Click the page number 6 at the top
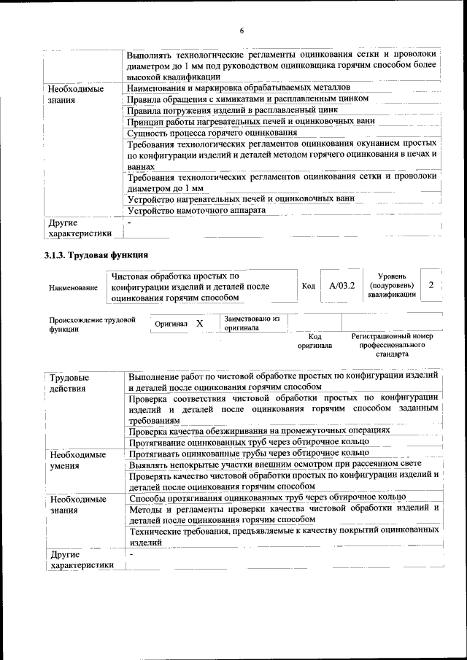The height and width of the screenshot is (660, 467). point(242,30)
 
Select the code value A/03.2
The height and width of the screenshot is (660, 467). point(341,286)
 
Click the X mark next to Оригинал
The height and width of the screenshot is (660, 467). point(199,322)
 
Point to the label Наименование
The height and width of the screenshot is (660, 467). point(74,287)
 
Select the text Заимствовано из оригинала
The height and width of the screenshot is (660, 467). point(252,323)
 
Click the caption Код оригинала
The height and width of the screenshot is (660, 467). point(314,341)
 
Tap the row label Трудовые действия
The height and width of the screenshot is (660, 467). point(69,383)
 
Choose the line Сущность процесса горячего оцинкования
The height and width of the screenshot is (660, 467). point(212,133)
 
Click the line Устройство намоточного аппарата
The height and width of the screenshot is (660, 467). point(196,210)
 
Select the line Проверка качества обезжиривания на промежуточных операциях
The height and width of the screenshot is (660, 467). point(259,430)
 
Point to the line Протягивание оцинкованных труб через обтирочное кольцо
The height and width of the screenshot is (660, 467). point(249,442)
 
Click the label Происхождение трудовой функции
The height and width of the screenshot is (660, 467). point(92,324)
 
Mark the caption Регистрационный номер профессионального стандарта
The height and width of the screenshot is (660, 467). point(392,345)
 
